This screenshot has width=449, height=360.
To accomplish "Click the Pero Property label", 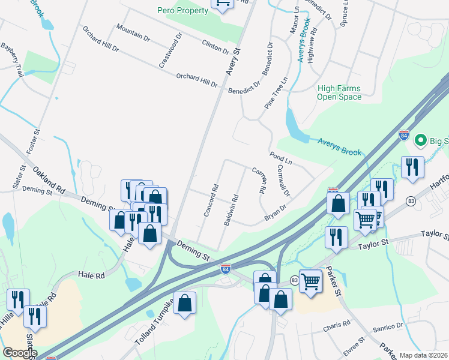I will (x=182, y=10).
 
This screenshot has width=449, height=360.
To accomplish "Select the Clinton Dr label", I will (x=216, y=46).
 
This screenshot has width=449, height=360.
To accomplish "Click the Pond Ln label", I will (x=280, y=158).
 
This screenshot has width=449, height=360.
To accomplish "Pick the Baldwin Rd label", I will (x=232, y=209).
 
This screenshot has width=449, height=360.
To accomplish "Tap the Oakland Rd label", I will (x=49, y=179).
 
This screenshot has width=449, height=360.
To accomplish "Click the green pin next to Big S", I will (x=421, y=140).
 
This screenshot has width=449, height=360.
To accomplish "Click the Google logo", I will (x=20, y=353).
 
